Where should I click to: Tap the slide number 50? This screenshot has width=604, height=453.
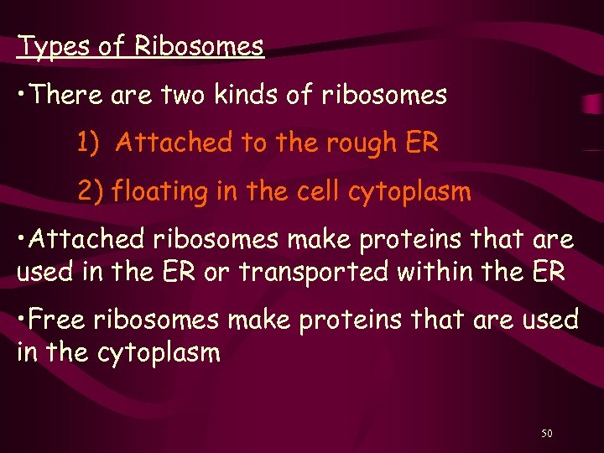546,433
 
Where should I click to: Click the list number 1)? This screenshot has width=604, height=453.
89,143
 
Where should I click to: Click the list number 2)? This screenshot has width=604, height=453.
91,192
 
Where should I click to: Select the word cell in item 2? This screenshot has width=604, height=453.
305,192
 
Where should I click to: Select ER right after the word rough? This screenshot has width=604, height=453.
421,143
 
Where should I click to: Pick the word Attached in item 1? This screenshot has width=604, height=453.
174,143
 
